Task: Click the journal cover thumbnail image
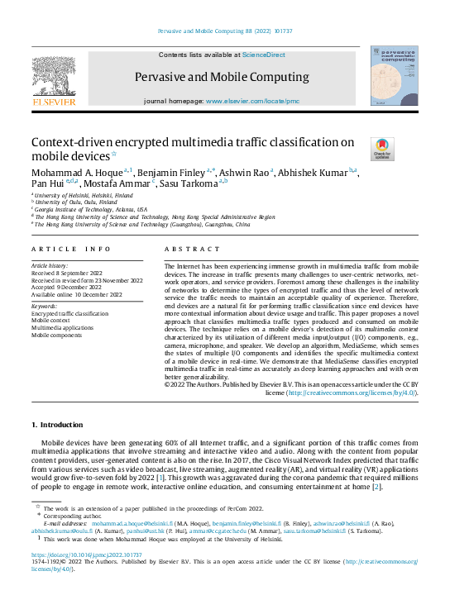tap(394, 76)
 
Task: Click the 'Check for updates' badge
tap(383, 149)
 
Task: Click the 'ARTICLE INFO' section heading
tap(71, 249)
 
